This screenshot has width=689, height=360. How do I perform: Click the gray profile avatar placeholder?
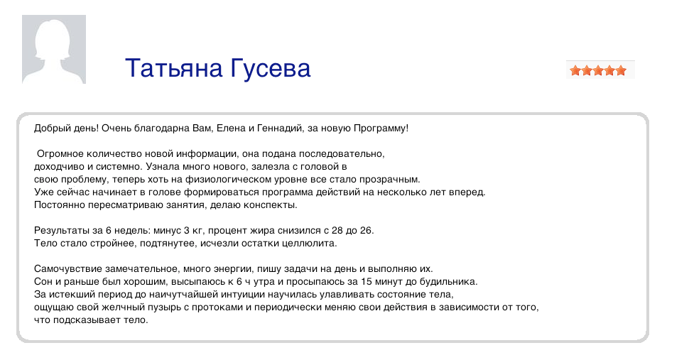tap(54, 49)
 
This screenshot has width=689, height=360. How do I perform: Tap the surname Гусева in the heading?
tap(270, 68)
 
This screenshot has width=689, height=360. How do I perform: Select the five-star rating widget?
tap(598, 70)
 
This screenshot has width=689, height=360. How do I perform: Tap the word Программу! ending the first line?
tap(381, 129)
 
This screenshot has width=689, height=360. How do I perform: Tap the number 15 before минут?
tap(366, 281)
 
